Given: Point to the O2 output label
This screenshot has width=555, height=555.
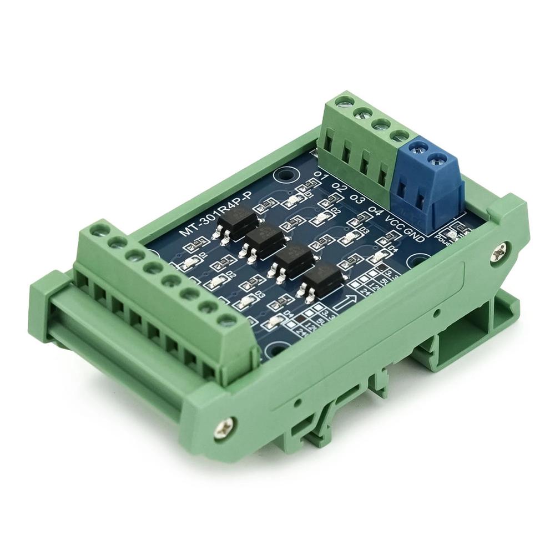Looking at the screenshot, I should [x=340, y=189].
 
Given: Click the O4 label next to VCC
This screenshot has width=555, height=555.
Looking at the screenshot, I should [x=376, y=212].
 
